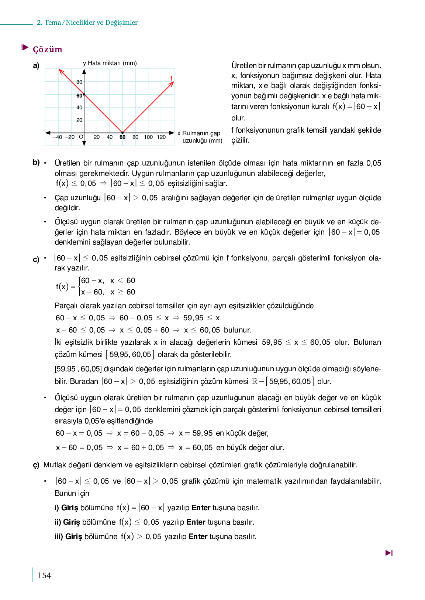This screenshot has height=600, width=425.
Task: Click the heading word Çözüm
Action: tap(48, 50)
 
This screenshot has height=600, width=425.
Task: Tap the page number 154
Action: tap(44, 575)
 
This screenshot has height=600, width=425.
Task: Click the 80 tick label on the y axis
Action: tap(79, 82)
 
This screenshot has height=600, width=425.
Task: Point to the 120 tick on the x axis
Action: tap(161, 137)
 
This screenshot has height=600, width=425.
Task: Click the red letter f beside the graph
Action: tap(171, 78)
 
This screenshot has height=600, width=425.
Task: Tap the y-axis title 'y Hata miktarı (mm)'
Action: tap(110, 63)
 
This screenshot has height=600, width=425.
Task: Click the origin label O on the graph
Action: tap(81, 137)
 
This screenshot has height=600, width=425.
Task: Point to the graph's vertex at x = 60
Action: tap(122, 133)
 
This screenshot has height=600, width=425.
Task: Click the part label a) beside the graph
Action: tap(36, 66)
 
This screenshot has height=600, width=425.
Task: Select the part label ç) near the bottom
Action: tap(36, 465)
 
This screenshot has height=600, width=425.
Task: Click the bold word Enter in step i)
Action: tap(201, 508)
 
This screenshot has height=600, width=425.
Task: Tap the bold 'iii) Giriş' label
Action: tap(68, 536)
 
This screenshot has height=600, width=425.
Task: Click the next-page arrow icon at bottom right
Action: tap(389, 553)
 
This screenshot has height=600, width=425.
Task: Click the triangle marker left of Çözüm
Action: tap(25, 47)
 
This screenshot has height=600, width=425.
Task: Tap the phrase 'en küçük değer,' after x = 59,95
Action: tap(242, 433)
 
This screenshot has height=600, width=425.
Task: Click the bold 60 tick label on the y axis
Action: tap(79, 96)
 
